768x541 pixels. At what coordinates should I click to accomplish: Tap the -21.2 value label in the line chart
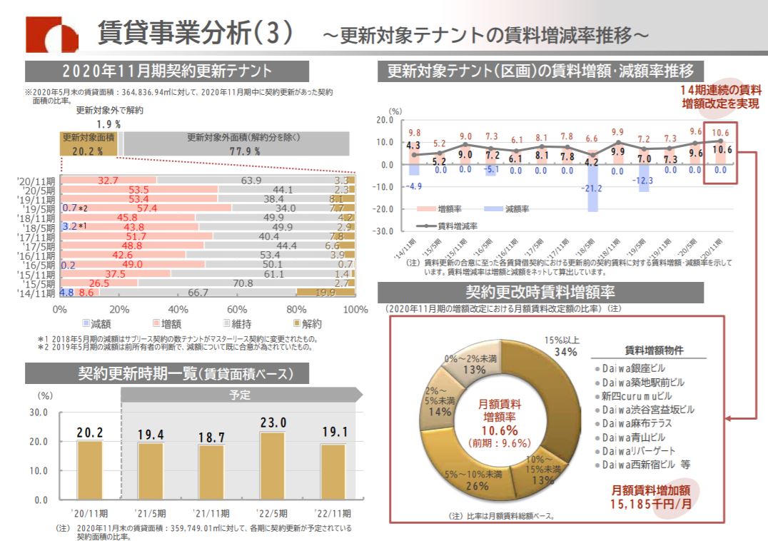[592, 188]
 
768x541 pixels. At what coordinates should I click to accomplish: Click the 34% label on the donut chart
[566, 351]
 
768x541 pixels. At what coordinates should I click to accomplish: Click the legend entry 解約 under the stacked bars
[306, 323]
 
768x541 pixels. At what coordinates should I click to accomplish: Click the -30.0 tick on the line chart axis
[383, 232]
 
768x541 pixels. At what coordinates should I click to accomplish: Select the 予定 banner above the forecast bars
[239, 395]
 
